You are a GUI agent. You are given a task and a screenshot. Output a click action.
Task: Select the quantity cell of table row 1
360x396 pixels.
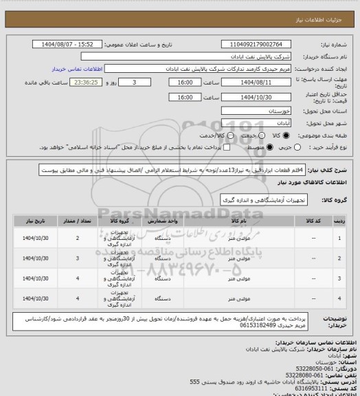pos(78,238)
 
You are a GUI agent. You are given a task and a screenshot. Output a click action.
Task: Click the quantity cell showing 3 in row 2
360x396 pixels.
pos(78,258)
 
